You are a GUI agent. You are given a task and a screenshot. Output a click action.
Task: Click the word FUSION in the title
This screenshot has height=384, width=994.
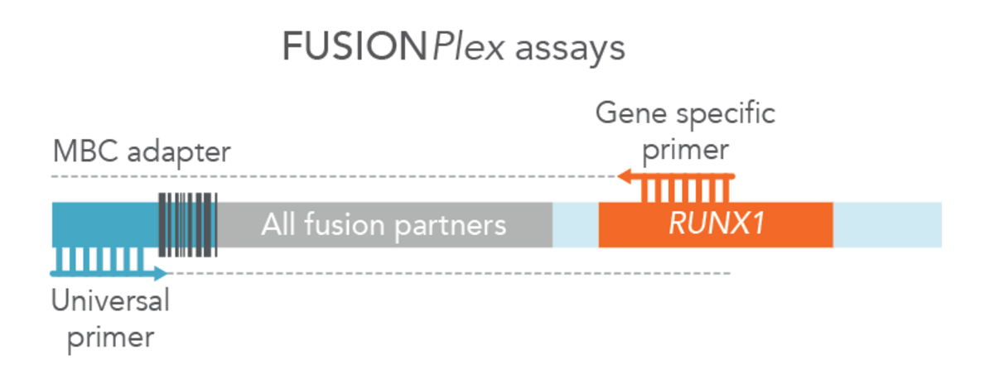coord(355,48)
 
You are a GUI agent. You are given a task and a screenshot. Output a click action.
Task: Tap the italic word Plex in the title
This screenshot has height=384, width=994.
coord(468,48)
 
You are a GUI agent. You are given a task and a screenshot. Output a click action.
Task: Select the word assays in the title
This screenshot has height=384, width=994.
coord(570,50)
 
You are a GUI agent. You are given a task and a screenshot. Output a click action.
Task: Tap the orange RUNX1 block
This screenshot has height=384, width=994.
coord(716,224)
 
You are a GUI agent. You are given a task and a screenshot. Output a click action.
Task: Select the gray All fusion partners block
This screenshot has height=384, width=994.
coord(384,224)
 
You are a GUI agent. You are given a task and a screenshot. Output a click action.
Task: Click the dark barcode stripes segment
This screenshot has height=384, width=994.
coord(187,223)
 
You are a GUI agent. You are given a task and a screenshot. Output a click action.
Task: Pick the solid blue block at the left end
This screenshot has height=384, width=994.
coord(104,223)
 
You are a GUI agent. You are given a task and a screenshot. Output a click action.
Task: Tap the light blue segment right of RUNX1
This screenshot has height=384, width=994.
coord(887,224)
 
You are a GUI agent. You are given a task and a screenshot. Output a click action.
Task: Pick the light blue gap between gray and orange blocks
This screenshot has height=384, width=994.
coord(576,224)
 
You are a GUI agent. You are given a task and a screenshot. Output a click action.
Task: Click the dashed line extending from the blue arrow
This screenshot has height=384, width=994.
coord(447,273)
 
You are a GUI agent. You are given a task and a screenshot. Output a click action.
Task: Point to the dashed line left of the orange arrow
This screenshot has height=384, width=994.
coord(331,176)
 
